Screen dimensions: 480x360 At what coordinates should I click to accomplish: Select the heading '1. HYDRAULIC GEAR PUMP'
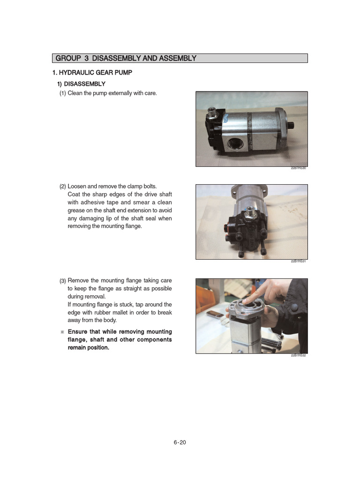click(x=92, y=73)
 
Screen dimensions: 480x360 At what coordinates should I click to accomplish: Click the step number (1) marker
click(x=63, y=93)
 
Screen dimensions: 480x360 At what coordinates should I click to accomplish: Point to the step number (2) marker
click(x=63, y=187)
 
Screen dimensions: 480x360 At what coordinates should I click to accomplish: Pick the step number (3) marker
click(x=63, y=281)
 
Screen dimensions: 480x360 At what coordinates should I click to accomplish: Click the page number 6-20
click(x=180, y=442)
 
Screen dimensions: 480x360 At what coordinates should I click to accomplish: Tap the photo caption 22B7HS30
click(x=298, y=168)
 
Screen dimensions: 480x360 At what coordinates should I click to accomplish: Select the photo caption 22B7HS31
click(x=298, y=262)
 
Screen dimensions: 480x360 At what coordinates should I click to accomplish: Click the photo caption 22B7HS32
click(x=298, y=355)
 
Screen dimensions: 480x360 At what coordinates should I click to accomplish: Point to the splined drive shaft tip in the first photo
click(x=292, y=125)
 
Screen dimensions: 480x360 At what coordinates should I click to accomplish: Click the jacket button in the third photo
click(x=294, y=307)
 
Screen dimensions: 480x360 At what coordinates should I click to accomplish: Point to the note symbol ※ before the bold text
click(x=62, y=332)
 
